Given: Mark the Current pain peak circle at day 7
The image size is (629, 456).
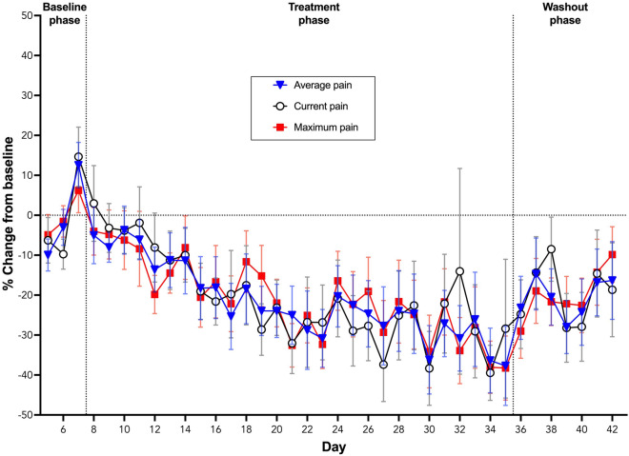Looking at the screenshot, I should point(78,157).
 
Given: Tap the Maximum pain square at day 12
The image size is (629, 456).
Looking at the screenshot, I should point(154,294).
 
